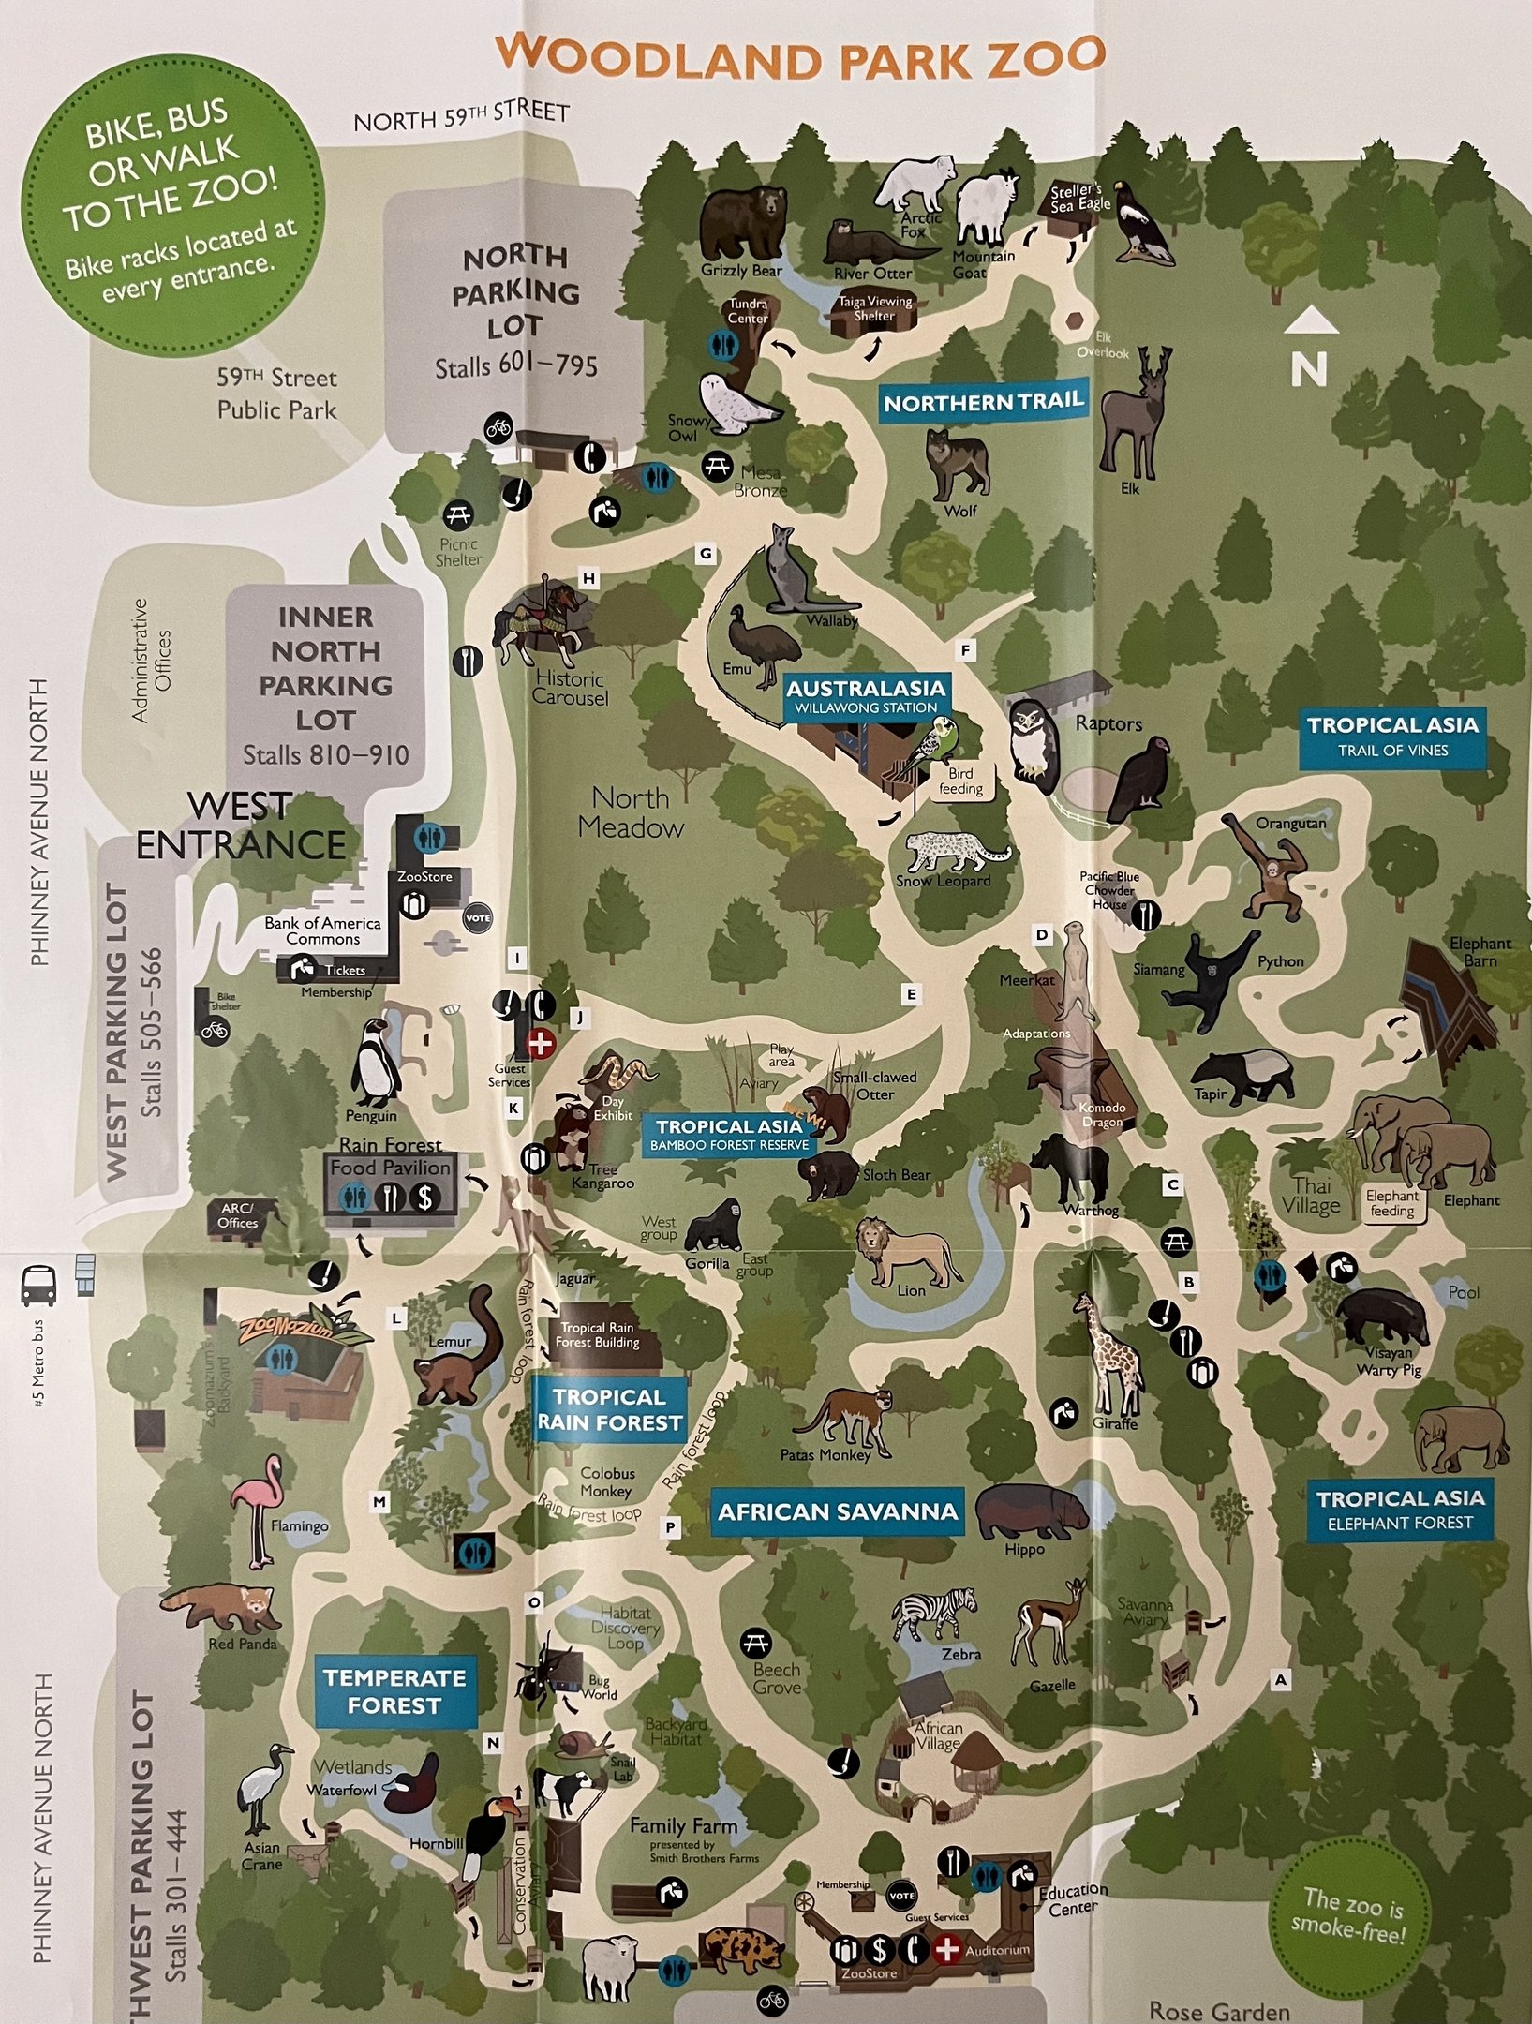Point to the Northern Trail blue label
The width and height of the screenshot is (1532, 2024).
tap(983, 403)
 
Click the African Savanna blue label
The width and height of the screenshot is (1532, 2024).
tap(837, 1512)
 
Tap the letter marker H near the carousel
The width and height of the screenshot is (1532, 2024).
tap(588, 579)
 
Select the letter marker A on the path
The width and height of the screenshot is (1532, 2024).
tap(1280, 1681)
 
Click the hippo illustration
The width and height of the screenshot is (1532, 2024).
tap(1031, 1511)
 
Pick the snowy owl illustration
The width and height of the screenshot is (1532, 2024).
tap(737, 404)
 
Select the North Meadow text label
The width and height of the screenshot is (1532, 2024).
tap(631, 812)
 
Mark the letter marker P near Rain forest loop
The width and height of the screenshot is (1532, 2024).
tap(670, 1527)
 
